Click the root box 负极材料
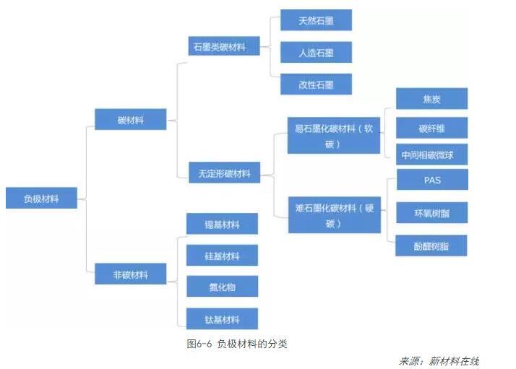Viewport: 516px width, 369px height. point(41,198)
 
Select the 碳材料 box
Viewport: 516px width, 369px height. point(131,120)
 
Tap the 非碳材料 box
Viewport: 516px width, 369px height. point(131,274)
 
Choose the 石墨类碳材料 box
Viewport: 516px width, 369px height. point(224,46)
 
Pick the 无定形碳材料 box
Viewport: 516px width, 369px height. point(224,173)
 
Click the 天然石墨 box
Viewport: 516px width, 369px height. point(316,20)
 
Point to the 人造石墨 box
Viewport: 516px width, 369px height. point(316,52)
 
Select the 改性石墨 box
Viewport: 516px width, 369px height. point(316,84)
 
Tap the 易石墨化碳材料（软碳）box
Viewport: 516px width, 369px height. point(334,136)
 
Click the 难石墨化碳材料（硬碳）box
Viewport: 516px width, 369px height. point(334,215)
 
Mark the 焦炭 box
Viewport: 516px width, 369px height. point(431,98)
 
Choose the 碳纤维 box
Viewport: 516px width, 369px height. point(431,129)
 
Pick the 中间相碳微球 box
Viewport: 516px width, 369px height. point(431,155)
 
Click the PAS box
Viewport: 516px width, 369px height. point(432,180)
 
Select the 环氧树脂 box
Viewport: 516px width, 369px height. point(431,213)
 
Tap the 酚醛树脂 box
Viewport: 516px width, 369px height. point(431,246)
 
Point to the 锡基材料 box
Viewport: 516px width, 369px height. point(222,224)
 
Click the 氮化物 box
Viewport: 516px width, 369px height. point(222,287)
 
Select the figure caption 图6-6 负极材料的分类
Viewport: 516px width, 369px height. point(237,344)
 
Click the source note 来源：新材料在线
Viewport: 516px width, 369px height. point(439,360)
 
